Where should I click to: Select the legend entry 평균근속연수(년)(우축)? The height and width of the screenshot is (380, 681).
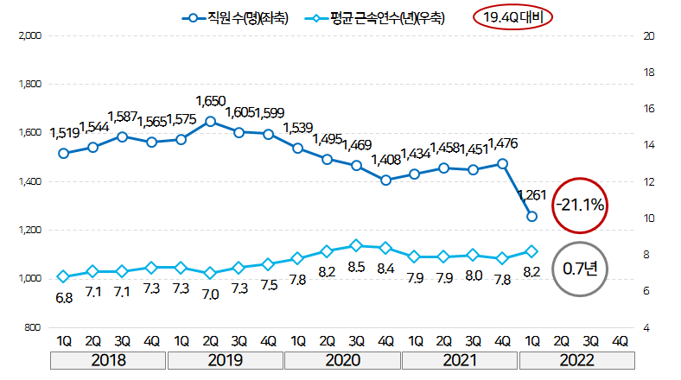click(377, 17)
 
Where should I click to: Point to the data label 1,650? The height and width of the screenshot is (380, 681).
click(210, 101)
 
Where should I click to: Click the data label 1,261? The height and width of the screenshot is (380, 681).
click(532, 194)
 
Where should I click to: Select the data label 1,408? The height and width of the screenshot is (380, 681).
click(386, 160)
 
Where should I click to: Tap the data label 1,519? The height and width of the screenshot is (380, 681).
click(65, 132)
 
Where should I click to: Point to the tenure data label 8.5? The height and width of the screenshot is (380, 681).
click(357, 267)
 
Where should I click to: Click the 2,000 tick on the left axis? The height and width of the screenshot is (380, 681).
click(30, 36)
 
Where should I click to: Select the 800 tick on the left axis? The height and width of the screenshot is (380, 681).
click(35, 328)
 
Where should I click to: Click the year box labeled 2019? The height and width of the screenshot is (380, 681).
click(225, 360)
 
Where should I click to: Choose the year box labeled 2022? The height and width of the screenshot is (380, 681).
click(577, 360)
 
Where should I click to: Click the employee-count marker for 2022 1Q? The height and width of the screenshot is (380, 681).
click(532, 217)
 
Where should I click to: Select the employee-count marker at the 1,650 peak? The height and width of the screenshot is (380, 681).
click(210, 121)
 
